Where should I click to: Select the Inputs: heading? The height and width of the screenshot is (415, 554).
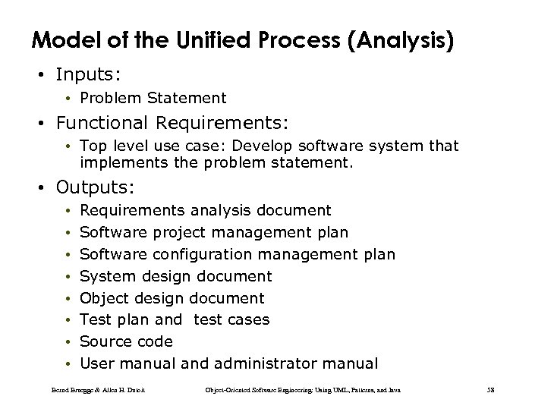tap(87, 75)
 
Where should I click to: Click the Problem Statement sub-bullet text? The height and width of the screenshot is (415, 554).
tap(153, 98)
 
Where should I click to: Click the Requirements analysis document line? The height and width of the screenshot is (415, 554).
tap(205, 210)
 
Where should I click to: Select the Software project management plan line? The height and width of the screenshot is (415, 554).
tap(213, 232)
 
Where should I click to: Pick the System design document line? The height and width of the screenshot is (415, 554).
tap(175, 276)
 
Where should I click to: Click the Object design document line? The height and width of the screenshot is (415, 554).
tap(172, 298)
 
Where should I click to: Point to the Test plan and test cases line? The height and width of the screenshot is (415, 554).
tap(174, 319)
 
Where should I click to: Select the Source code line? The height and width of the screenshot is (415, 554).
tap(126, 341)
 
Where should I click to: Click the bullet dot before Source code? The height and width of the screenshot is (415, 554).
tap(68, 342)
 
